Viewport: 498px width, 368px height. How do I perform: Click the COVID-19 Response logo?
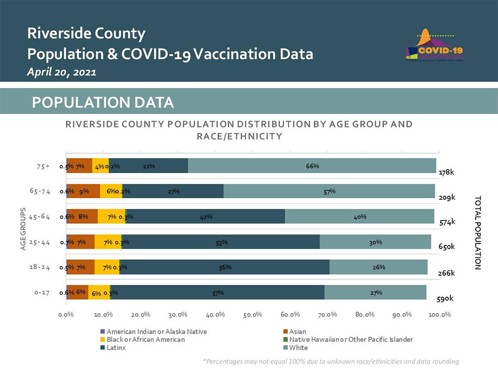435,48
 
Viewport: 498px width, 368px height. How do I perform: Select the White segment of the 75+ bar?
312,166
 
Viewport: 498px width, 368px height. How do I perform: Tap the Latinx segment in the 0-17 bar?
217,293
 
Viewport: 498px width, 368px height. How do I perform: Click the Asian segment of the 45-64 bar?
83,216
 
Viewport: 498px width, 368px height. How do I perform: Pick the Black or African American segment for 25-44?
108,242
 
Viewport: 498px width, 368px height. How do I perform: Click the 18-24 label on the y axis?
40,267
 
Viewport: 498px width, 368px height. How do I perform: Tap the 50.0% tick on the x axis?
253,314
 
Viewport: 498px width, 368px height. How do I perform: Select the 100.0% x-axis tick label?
439,314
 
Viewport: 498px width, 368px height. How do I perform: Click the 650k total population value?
446,246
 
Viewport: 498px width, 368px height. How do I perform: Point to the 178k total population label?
446,173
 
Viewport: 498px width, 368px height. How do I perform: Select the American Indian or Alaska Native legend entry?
154,331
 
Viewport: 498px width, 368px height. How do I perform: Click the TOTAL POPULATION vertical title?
478,233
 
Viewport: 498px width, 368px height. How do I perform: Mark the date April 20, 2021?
61,72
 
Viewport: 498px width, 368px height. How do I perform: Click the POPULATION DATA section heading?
103,102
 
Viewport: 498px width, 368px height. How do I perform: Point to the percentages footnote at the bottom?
331,362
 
